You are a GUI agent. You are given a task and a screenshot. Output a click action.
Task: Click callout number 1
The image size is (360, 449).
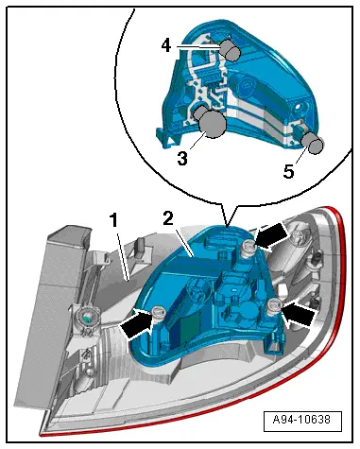[114, 220]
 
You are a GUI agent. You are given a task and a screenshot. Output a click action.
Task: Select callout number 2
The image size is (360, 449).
[168, 218]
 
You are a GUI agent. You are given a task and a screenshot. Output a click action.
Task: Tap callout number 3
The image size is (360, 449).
[182, 158]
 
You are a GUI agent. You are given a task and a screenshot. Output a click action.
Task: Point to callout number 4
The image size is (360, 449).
[166, 45]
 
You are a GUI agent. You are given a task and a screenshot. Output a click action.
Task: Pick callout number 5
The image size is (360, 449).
[288, 171]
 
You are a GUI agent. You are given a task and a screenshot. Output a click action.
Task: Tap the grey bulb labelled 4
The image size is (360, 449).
[231, 50]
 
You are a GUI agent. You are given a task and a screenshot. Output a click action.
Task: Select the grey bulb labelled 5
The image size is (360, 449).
[314, 144]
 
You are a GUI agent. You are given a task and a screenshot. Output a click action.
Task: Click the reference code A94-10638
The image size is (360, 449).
[302, 419]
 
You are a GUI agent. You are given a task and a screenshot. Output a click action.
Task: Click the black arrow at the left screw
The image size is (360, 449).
[136, 323]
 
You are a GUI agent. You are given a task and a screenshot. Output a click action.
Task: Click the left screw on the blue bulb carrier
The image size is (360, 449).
[158, 315]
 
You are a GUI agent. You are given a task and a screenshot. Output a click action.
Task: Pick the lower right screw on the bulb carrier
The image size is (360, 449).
[273, 306]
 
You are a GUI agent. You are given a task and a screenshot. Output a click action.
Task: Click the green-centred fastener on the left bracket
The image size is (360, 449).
[86, 318]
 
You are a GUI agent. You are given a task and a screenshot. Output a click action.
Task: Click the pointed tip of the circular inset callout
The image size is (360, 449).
[227, 226]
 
